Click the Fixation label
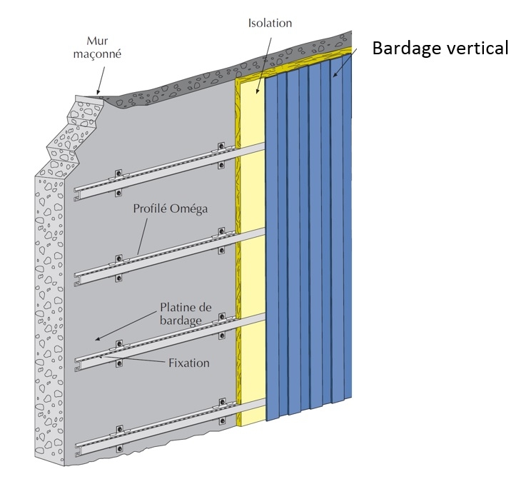pos(188,363)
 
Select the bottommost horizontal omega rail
pos(171,428)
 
